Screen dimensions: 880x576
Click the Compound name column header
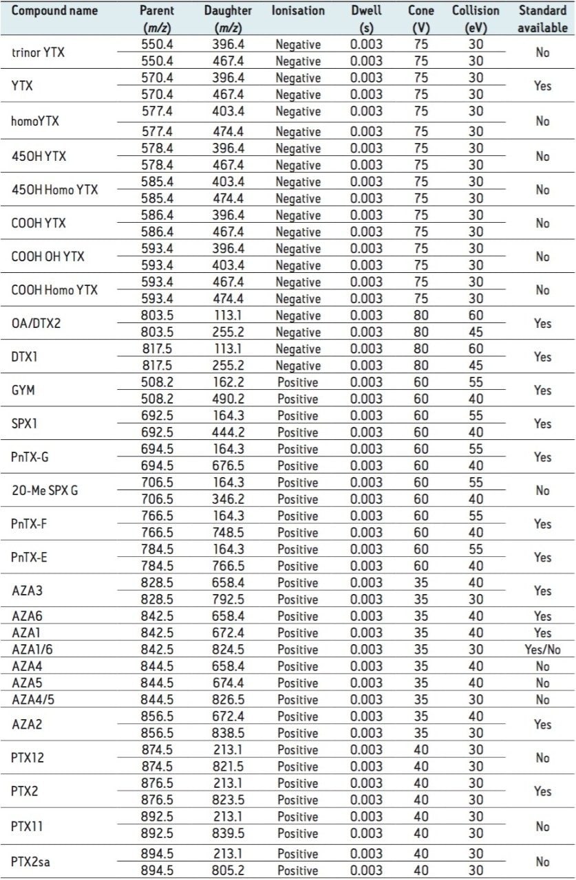click(x=55, y=11)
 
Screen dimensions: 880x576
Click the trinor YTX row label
click(x=39, y=52)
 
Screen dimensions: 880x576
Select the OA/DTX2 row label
click(x=36, y=323)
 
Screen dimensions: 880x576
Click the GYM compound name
click(x=23, y=390)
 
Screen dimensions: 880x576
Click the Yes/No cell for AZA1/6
click(x=543, y=650)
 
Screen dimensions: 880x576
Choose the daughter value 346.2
click(x=228, y=499)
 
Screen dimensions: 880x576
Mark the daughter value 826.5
click(x=228, y=700)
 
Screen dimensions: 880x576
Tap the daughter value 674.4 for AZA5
click(x=228, y=683)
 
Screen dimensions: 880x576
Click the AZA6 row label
click(x=26, y=616)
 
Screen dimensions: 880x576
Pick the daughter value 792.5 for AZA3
click(x=228, y=599)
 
